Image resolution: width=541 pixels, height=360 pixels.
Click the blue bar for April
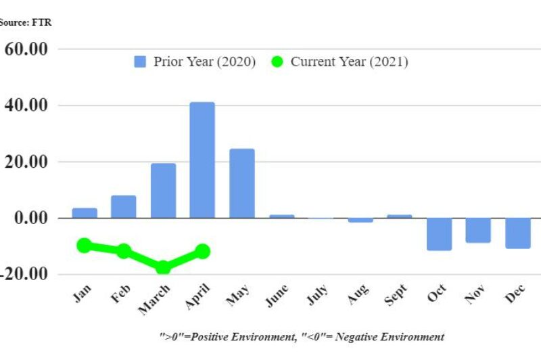click(x=202, y=160)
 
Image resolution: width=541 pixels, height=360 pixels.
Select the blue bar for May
click(x=241, y=183)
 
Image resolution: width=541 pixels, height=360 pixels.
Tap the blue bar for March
click(x=163, y=191)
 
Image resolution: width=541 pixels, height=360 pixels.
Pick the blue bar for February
click(x=124, y=206)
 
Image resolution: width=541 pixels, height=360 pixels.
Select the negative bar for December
click(x=517, y=233)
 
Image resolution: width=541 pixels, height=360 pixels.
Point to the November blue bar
click(x=478, y=230)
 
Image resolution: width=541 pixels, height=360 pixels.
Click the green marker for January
click(x=85, y=245)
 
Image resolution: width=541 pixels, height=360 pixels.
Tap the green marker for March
click(x=163, y=267)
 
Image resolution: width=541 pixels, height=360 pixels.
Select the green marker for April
click(x=202, y=251)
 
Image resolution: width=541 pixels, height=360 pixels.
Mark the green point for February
click(x=124, y=251)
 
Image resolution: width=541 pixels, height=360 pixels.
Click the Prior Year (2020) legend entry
click(x=195, y=62)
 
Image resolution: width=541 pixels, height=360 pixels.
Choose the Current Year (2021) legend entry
click(x=340, y=62)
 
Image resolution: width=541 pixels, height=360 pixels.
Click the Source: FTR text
click(x=25, y=22)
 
